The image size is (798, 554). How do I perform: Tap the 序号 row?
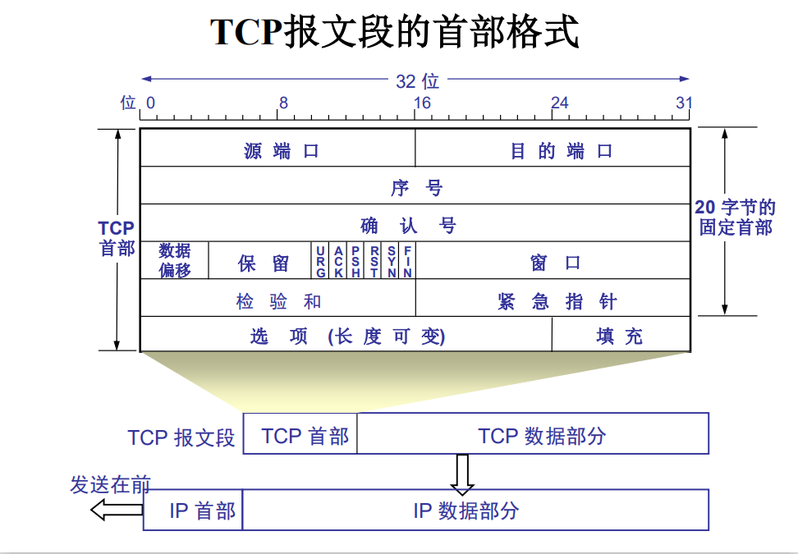click(415, 187)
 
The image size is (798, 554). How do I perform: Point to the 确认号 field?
click(415, 224)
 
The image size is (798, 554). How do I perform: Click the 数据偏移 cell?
click(174, 261)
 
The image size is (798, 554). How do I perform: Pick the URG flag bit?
click(320, 261)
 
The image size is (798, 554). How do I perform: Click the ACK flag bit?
click(338, 261)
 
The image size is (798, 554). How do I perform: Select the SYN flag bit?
click(392, 261)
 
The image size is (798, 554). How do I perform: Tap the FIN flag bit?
click(407, 261)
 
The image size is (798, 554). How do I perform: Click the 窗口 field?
click(553, 263)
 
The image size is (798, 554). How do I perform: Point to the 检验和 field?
click(277, 300)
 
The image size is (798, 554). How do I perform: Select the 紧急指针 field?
click(553, 300)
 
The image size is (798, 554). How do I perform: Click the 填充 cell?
click(620, 336)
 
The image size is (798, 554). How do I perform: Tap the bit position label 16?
click(422, 103)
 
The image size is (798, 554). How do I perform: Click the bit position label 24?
click(559, 103)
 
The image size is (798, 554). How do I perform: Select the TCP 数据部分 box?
click(533, 434)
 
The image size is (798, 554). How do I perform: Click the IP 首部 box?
click(194, 511)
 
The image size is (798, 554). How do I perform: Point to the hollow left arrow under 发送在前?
click(116, 511)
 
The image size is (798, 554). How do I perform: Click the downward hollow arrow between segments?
click(462, 474)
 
